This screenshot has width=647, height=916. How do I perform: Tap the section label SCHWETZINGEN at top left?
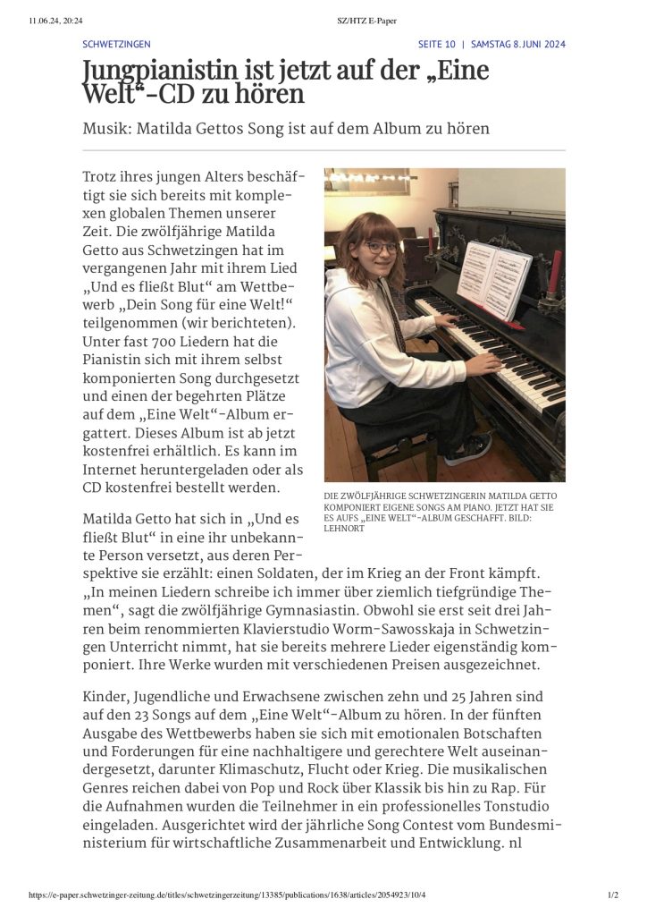click(x=116, y=44)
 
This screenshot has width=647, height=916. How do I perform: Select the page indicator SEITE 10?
click(x=437, y=44)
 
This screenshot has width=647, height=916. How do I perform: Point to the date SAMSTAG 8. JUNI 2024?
click(x=518, y=44)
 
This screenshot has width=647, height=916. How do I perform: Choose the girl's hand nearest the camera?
click(x=483, y=363)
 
